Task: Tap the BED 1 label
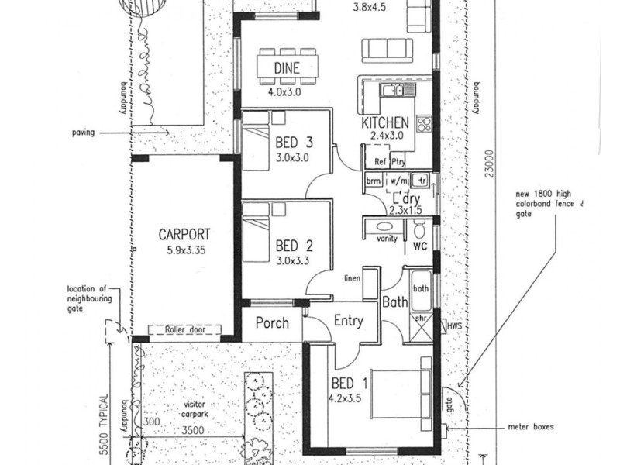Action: (347, 383)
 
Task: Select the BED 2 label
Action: (294, 247)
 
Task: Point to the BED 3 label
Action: (294, 142)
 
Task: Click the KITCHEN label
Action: (384, 123)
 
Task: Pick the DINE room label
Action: (287, 67)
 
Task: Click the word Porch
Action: (271, 323)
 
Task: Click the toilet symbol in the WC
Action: (420, 229)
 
